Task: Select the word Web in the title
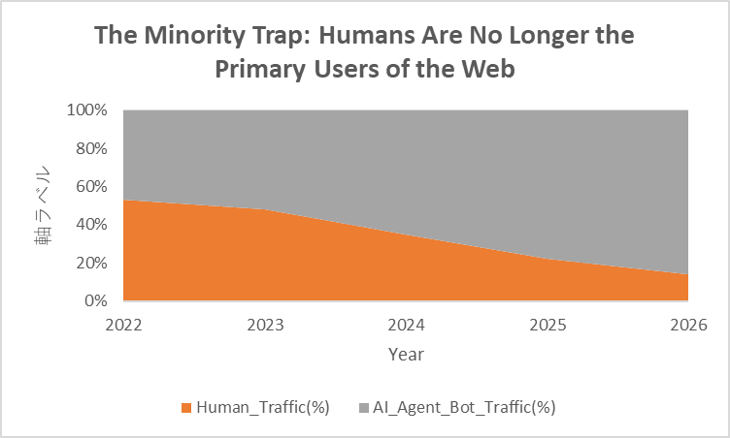[487, 70]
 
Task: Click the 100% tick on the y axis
[87, 110]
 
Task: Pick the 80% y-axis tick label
[91, 148]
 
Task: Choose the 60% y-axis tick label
[91, 187]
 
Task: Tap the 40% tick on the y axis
[91, 225]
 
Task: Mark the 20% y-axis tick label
[91, 263]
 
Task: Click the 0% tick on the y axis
[95, 301]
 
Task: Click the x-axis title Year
[406, 355]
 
